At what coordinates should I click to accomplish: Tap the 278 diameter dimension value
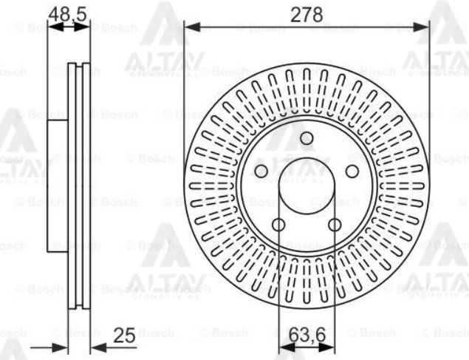coord(306,13)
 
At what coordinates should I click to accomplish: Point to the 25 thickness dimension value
coord(126,336)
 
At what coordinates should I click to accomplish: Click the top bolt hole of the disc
coord(307,138)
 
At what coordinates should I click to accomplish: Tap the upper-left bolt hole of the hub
coord(261,171)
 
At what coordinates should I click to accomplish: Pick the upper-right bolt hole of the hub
coord(352,171)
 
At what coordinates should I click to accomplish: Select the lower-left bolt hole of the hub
coord(278,225)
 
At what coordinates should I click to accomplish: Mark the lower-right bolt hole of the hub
coord(335,225)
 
